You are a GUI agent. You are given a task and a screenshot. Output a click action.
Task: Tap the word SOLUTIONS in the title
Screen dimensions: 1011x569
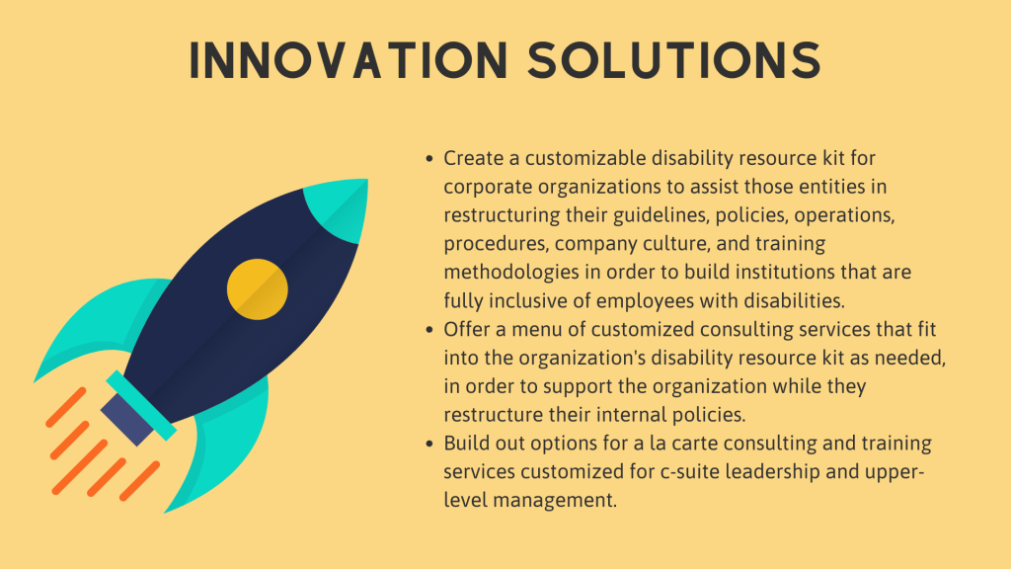pyautogui.click(x=674, y=60)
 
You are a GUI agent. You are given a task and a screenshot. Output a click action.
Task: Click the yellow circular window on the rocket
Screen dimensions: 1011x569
pyautogui.click(x=258, y=289)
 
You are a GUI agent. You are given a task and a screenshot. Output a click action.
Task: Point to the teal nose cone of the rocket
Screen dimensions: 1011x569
pyautogui.click(x=340, y=207)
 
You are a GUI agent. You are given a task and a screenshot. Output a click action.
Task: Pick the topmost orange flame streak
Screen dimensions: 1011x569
pyautogui.click(x=66, y=407)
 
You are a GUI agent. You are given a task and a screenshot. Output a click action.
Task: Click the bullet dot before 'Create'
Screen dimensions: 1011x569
pyautogui.click(x=429, y=159)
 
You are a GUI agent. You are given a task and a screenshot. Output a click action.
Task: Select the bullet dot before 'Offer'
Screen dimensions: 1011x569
pyautogui.click(x=429, y=330)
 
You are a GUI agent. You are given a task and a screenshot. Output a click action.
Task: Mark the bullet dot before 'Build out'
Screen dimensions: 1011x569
pyautogui.click(x=429, y=444)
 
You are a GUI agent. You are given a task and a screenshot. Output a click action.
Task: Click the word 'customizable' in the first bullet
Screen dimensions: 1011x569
pyautogui.click(x=584, y=158)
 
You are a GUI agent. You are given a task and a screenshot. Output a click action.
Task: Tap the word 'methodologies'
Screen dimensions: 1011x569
pyautogui.click(x=511, y=273)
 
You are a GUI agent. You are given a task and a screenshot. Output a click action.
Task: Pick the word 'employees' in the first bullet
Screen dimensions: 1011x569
pyautogui.click(x=645, y=301)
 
